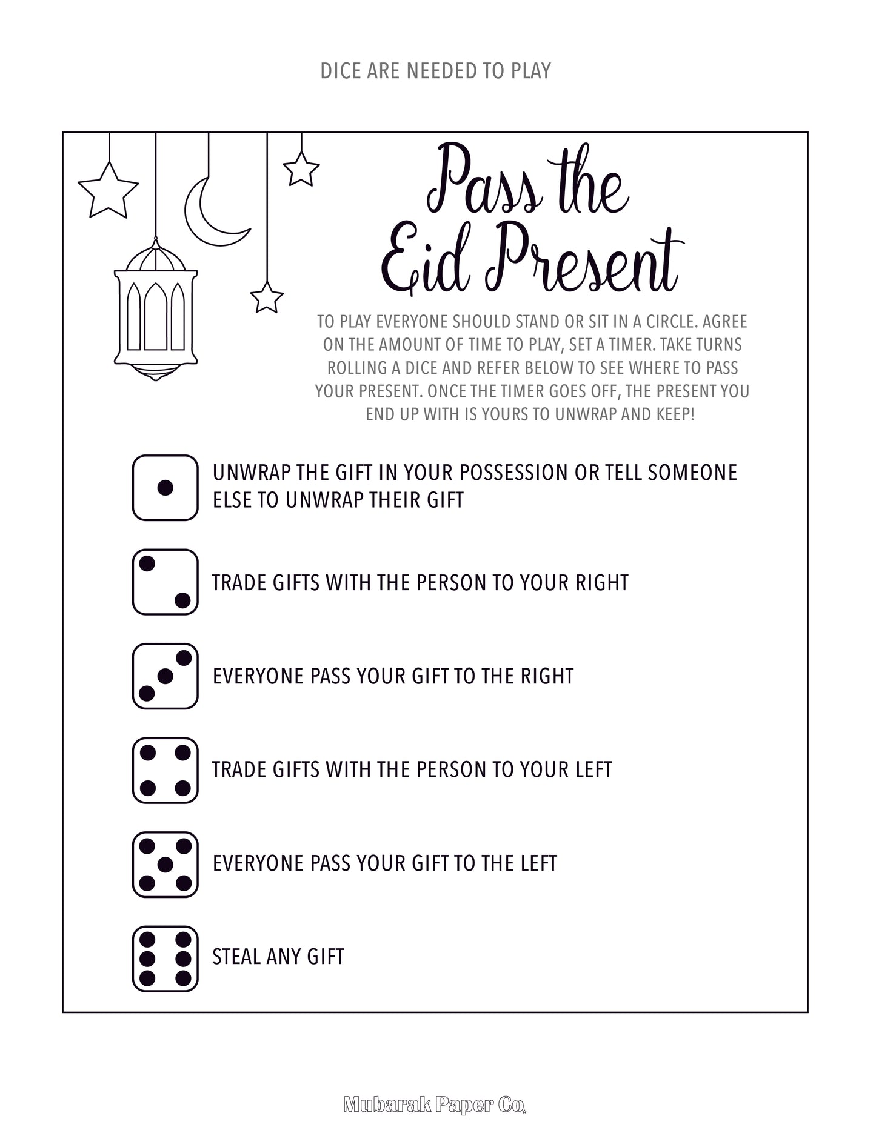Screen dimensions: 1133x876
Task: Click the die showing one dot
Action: point(165,488)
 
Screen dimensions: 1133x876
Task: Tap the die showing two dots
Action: point(165,582)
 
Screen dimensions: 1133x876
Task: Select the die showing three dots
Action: point(165,676)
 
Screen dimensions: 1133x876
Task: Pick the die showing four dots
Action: point(165,770)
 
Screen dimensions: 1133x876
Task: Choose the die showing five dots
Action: point(165,864)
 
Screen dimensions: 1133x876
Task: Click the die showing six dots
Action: point(165,959)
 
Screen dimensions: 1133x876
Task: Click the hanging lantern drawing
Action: point(156,315)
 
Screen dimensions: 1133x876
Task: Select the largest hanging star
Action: point(109,191)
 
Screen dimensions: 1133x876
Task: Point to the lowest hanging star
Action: point(267,297)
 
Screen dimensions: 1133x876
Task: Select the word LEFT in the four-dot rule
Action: point(592,770)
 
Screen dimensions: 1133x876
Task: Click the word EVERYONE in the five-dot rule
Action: point(259,863)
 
